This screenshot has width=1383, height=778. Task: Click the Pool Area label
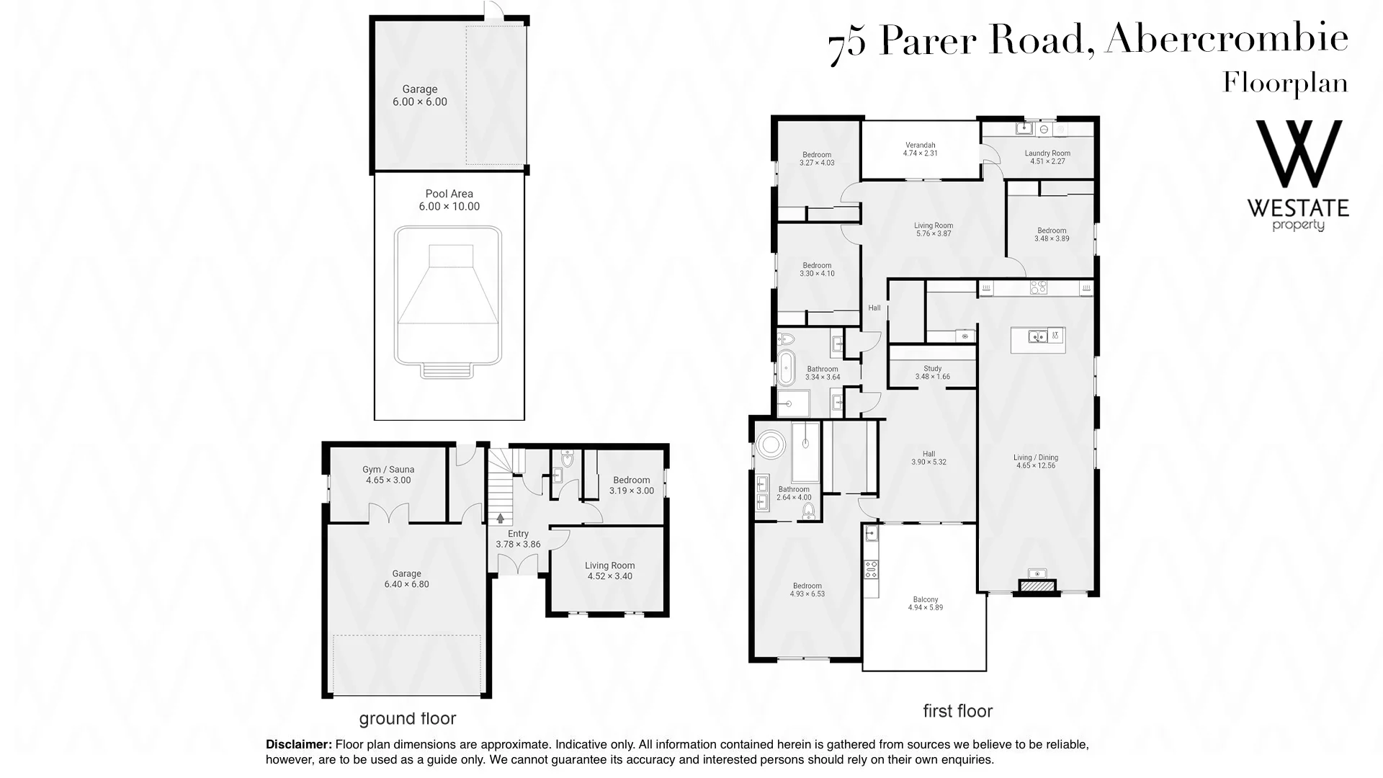pos(449,194)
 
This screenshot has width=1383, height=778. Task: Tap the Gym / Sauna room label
pos(388,470)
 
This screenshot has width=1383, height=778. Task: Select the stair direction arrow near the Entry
pos(500,517)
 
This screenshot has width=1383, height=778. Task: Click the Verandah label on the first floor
pos(921,146)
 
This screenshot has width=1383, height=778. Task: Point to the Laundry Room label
pos(1047,153)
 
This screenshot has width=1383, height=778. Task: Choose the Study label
pos(933,369)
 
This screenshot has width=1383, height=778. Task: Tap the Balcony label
pos(926,599)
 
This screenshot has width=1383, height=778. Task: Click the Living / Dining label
pos(1036,457)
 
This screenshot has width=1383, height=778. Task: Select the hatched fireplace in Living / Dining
pos(1037,587)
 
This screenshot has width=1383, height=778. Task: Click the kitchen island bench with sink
pos(1038,339)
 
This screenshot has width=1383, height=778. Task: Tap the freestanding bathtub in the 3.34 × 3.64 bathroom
pos(785,368)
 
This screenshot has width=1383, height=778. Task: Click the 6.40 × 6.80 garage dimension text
pos(407,584)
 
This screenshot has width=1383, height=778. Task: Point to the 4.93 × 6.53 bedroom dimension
pos(807,594)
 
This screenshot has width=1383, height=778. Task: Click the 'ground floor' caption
pos(408,718)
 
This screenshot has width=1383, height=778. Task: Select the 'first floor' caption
pos(958,711)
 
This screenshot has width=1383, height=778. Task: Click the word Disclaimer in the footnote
pos(299,745)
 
